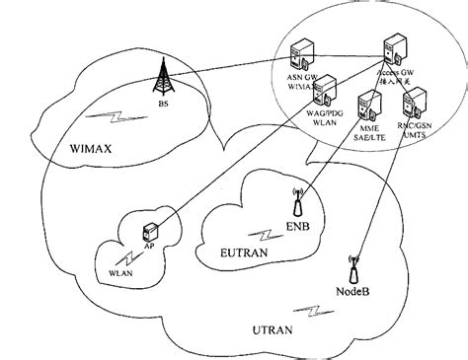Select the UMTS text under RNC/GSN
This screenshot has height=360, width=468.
tap(423, 139)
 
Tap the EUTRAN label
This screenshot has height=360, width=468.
tap(238, 253)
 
